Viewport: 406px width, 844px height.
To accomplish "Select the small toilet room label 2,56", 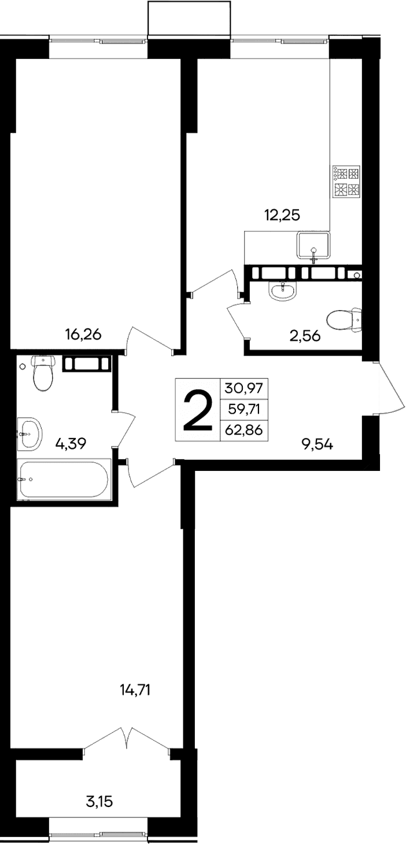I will tap(305, 336).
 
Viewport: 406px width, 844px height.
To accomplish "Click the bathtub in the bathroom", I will tap(64, 479).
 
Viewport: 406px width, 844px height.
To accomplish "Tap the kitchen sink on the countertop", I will tap(313, 245).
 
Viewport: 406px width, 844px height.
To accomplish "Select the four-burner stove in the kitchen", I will tap(346, 182).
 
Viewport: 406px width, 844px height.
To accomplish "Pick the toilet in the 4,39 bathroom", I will tap(43, 373).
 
